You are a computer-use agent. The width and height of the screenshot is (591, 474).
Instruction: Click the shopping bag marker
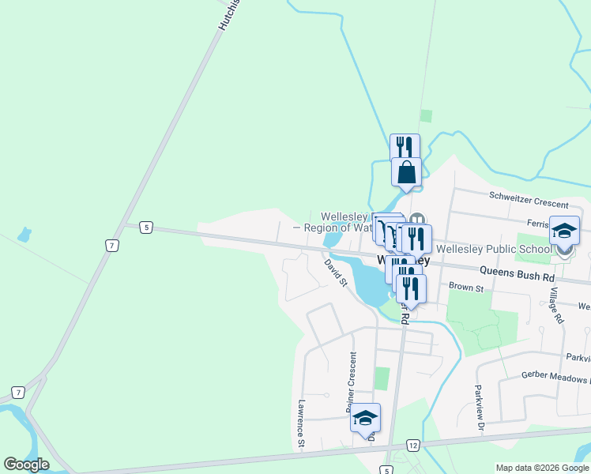point(406,172)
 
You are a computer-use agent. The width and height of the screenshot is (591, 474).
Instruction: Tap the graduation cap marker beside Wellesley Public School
point(564,231)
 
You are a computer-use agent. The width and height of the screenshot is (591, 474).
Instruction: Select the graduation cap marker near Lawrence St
point(365,417)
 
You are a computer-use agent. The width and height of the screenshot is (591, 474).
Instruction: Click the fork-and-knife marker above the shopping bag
point(405,147)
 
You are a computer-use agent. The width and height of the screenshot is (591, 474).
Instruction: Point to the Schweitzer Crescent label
point(529,195)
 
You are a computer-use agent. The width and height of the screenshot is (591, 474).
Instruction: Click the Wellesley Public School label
point(494,249)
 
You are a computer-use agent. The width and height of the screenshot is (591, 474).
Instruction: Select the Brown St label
point(465,288)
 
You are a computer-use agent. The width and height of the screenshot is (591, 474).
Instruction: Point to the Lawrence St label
point(301,423)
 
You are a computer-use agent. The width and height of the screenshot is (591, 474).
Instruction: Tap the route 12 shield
point(412,446)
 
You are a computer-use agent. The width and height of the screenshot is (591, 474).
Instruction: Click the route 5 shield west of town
point(145,228)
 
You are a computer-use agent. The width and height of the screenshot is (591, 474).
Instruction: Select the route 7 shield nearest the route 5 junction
point(112,246)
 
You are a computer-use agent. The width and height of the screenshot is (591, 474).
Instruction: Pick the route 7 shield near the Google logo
point(18,393)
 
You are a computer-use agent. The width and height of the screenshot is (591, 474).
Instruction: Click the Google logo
point(27,465)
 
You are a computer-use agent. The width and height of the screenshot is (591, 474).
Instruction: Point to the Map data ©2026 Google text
point(541,468)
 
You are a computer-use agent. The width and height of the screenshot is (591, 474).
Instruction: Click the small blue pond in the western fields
point(24,235)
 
